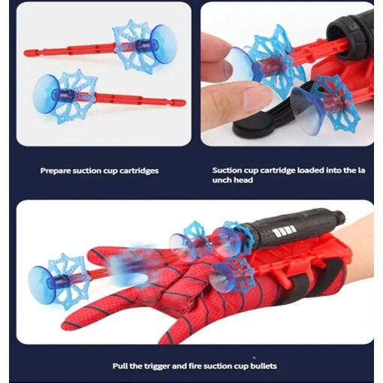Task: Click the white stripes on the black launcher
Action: coord(285,231)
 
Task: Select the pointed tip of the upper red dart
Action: coord(26,53)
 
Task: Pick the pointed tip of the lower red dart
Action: coord(184,103)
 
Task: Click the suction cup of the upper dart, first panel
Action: coord(164,47)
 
